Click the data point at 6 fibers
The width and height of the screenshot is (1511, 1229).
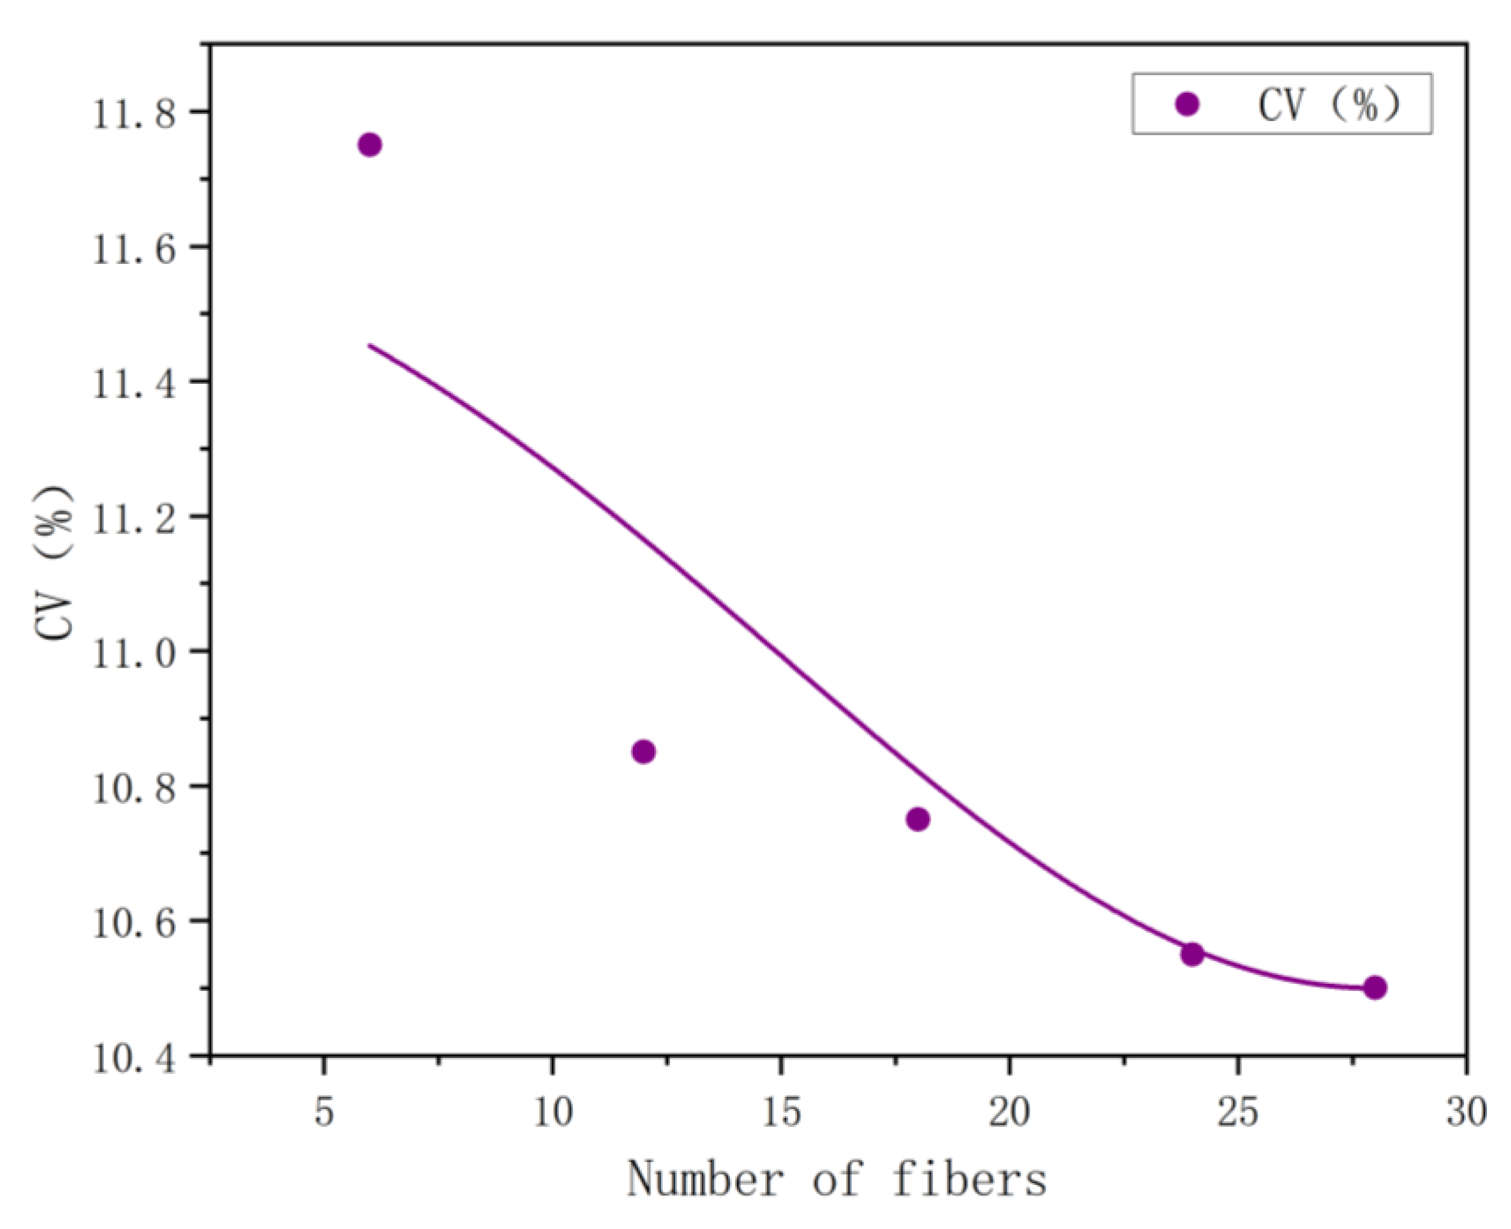(x=370, y=145)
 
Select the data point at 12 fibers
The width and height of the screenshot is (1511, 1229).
(x=644, y=751)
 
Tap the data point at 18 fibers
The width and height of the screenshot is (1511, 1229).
(x=917, y=819)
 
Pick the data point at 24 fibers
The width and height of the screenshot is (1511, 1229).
(x=1192, y=955)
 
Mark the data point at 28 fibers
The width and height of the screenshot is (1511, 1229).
(x=1375, y=987)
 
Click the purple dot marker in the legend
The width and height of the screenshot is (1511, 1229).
(x=1187, y=104)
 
